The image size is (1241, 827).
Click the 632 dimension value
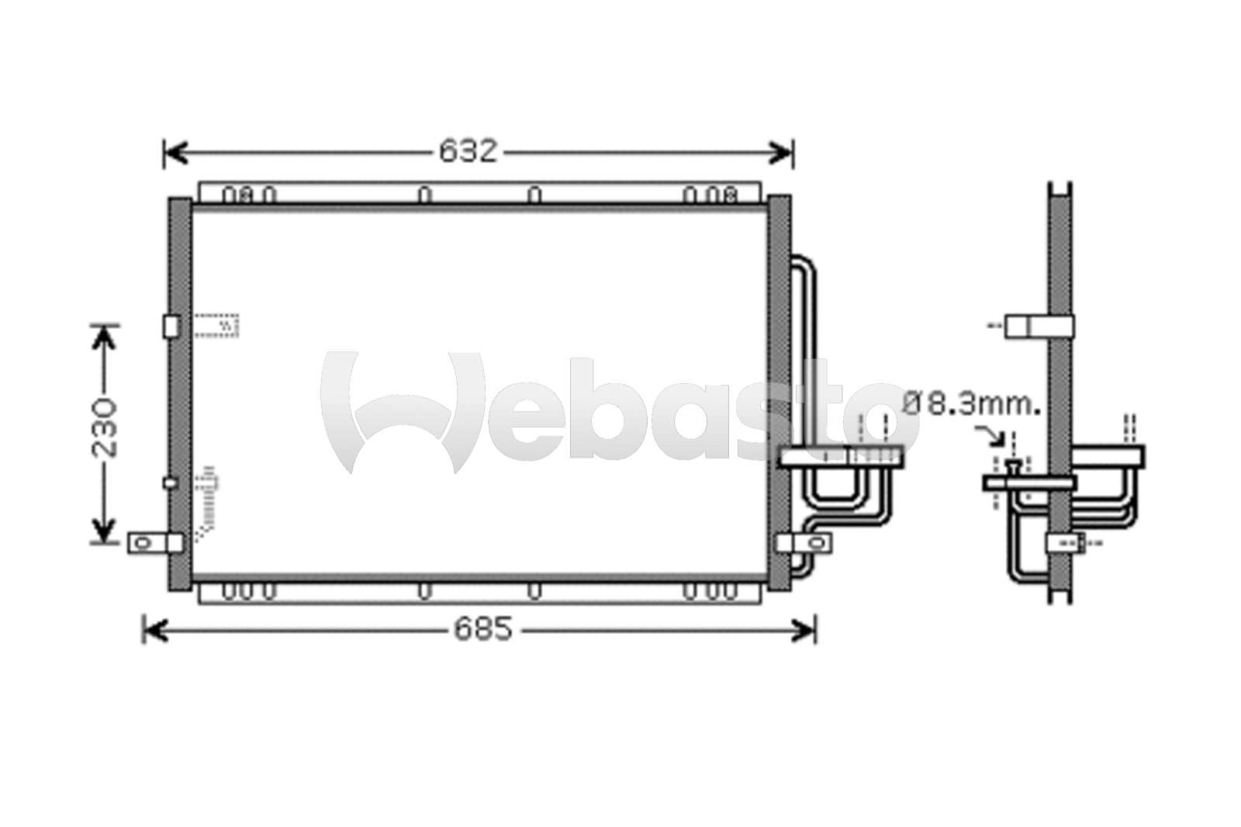468,151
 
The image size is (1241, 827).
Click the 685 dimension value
484,629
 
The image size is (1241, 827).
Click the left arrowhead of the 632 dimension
177,152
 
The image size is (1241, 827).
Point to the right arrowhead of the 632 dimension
780,152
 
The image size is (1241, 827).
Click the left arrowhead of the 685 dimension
156,631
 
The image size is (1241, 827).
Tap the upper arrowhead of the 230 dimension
104,338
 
